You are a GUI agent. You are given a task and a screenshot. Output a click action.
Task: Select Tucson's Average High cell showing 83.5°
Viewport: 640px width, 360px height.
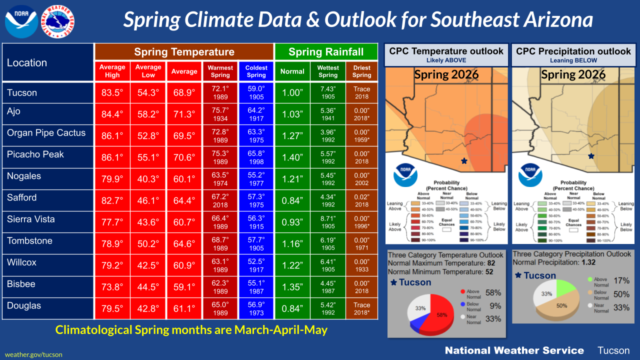click(112, 92)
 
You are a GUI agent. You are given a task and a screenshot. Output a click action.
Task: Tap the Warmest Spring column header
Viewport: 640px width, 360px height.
click(220, 71)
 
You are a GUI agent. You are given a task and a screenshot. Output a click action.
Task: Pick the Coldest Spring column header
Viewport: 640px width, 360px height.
click(256, 71)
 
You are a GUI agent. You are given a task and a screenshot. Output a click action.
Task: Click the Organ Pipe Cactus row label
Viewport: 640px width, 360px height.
click(46, 133)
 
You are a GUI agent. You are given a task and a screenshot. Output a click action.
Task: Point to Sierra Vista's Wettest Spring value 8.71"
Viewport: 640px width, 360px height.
click(328, 222)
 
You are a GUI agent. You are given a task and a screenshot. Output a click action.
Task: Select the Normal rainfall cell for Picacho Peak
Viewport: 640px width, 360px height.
click(292, 157)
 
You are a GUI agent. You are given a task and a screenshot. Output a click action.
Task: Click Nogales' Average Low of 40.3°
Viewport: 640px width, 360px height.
click(148, 179)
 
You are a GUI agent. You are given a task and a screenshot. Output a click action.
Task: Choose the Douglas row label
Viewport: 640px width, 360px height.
click(24, 305)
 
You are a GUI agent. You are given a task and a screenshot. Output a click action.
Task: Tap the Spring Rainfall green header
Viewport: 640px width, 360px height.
click(326, 52)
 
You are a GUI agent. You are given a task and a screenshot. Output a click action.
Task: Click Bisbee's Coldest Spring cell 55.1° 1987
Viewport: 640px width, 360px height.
click(256, 287)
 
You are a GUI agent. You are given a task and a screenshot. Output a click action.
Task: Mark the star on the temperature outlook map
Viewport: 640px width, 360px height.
click(464, 161)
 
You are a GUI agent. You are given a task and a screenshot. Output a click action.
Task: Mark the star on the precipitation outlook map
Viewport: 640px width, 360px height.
click(591, 156)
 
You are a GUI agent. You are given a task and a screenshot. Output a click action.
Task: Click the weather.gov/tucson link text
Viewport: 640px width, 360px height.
click(33, 354)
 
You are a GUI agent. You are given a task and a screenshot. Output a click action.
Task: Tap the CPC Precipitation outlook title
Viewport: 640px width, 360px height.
click(573, 51)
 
